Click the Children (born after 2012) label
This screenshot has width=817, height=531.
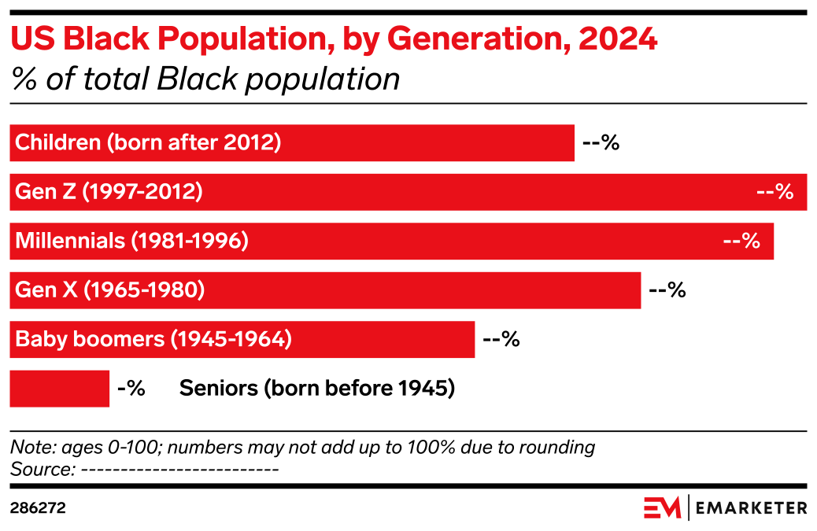(148, 143)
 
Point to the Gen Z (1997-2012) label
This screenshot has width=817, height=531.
(109, 192)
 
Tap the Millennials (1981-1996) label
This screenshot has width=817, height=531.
(131, 241)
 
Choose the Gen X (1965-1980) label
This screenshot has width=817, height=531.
(109, 290)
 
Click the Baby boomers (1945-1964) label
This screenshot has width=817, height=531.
(153, 340)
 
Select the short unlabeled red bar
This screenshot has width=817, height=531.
(60, 389)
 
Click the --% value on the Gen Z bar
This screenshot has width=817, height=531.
(774, 192)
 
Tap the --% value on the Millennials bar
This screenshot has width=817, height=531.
(741, 241)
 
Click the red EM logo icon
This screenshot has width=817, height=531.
(662, 507)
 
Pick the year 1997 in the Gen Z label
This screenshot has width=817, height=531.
(105, 192)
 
